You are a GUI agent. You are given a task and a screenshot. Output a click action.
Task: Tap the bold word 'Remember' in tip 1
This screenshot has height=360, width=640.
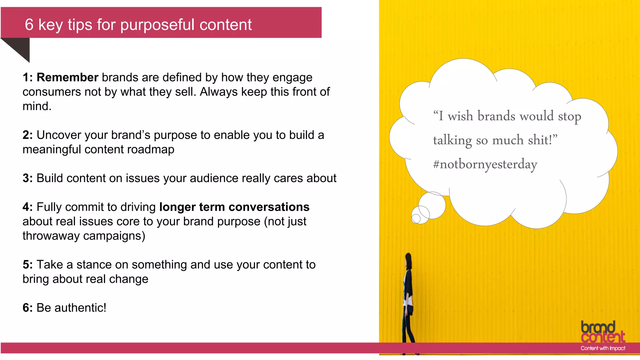[x=67, y=77]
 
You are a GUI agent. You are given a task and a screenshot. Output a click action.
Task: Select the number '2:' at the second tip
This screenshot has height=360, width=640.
[x=27, y=135]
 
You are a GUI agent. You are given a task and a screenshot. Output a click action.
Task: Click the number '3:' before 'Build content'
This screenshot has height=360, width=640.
[x=27, y=178]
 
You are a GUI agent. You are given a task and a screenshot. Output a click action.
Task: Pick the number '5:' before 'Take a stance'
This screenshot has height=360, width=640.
[x=27, y=265]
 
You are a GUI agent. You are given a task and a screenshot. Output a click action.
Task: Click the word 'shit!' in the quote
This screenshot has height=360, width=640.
[x=542, y=140]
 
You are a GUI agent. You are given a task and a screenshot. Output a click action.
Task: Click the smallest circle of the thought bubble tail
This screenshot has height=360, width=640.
[x=416, y=218]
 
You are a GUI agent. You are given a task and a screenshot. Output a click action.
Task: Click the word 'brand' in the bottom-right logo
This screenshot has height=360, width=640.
[x=598, y=327]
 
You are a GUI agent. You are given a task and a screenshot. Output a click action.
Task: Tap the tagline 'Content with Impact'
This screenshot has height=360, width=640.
[x=603, y=348]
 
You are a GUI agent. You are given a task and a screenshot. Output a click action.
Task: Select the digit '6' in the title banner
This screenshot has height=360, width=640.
[x=29, y=25]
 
